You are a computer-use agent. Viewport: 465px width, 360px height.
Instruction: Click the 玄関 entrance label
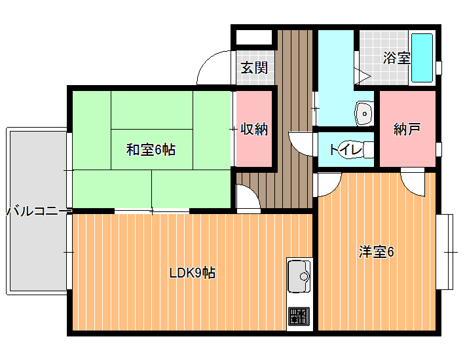point(254,68)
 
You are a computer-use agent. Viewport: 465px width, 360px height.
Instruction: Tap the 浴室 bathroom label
point(396,58)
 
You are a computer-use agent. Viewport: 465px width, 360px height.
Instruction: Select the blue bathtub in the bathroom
point(422,58)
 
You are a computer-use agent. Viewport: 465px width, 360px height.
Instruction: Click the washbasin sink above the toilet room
point(364,113)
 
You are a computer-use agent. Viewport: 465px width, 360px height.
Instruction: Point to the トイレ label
point(346,149)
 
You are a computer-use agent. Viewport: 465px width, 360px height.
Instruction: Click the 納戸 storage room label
point(407,129)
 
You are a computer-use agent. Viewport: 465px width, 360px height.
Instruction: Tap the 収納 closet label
point(254,129)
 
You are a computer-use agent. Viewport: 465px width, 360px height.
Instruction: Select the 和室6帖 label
point(151,150)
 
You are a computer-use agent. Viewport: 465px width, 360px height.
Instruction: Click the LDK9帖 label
point(193,272)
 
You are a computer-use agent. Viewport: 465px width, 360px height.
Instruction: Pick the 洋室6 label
point(377,252)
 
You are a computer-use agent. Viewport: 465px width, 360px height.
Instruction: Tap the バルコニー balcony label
point(36,211)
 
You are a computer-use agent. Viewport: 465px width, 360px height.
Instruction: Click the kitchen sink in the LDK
point(299,276)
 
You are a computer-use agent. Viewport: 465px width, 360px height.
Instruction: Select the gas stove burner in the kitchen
point(299,316)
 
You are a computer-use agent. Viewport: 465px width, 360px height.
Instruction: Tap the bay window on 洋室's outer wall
point(445,252)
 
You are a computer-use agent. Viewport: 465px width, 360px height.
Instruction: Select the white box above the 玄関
point(254,37)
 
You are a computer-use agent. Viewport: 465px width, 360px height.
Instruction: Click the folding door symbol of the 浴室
point(362,76)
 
